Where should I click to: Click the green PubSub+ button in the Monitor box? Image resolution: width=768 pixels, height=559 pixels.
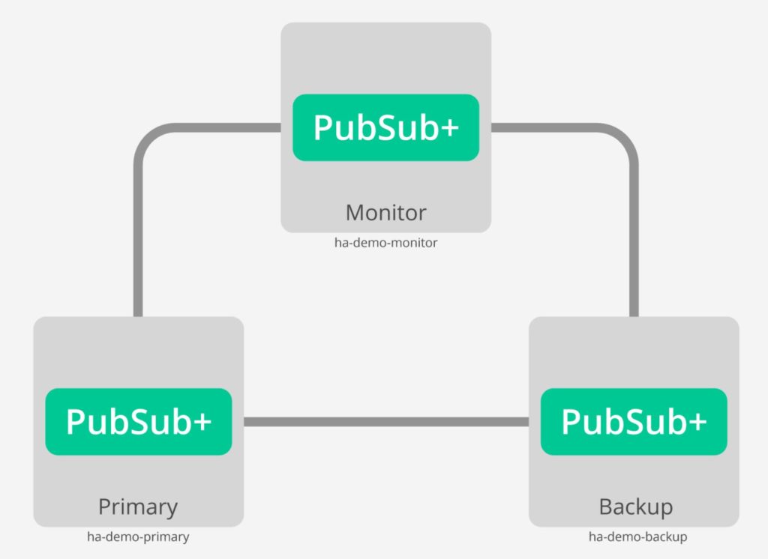(385, 127)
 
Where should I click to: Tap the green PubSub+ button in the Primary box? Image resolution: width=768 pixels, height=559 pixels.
(139, 421)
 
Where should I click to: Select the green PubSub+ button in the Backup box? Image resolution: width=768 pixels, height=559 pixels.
(634, 421)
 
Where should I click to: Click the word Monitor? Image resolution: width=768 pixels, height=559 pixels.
(385, 212)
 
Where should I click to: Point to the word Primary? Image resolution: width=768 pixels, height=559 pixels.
(138, 507)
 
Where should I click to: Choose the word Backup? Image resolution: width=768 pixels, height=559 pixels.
(635, 507)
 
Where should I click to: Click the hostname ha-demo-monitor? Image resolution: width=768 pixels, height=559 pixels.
(385, 243)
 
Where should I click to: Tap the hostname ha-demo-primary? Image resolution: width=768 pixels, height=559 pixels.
(138, 537)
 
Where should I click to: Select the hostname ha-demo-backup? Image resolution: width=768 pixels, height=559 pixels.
(637, 537)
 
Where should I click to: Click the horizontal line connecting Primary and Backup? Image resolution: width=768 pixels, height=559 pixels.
(386, 422)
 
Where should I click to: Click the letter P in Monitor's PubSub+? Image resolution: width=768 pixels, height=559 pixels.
(323, 127)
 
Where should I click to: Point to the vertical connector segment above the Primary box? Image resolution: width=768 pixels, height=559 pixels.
(138, 240)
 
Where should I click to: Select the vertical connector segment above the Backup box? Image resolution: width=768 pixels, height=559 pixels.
(634, 240)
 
